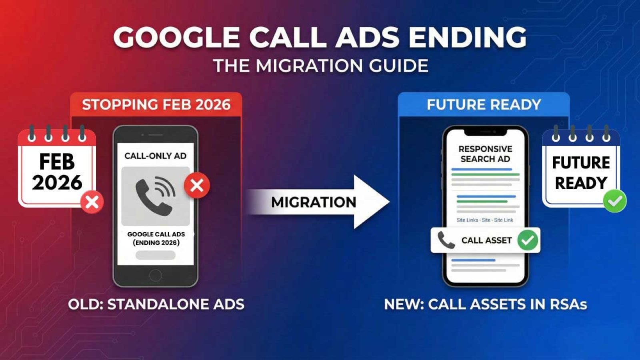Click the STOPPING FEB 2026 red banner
pos(156,105)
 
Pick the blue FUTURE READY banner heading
pos(484,105)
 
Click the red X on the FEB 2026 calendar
pos(92,202)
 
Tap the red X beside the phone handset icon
pos(197,185)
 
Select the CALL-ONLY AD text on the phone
pos(155,156)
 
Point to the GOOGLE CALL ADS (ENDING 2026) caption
pos(156,238)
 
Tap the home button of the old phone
pos(155,275)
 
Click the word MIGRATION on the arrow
pos(314,202)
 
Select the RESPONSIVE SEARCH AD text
pos(485,154)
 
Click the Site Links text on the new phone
pos(467,220)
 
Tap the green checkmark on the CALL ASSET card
pos(528,240)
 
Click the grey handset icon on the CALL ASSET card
pos(446,240)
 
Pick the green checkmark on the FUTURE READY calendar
pos(614,201)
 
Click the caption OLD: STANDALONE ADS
pos(156,304)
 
